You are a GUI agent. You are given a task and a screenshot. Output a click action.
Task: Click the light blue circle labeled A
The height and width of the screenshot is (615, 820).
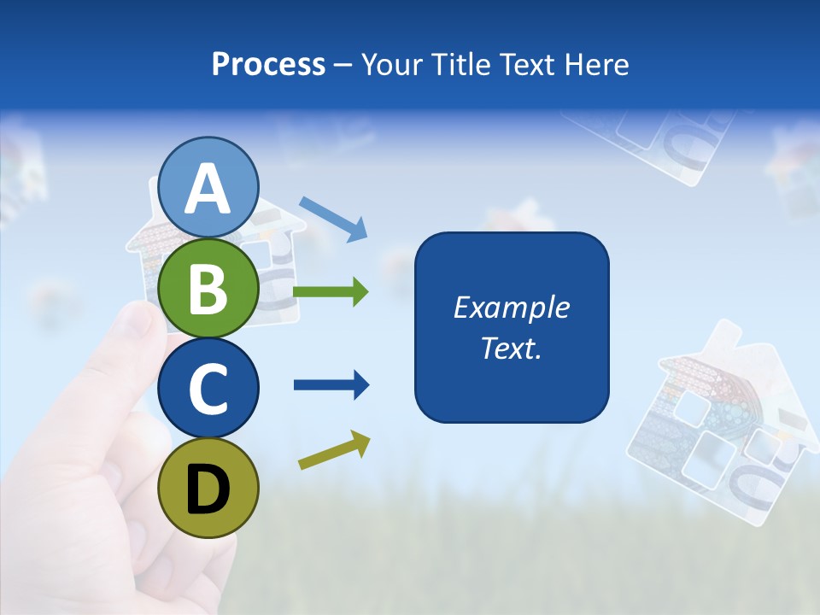click(208, 188)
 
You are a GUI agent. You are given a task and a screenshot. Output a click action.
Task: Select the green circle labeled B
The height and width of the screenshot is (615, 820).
click(208, 288)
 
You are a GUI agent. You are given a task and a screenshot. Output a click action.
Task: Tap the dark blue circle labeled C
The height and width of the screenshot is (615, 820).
click(208, 388)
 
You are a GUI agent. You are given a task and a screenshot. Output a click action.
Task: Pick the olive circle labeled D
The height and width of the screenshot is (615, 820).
click(208, 488)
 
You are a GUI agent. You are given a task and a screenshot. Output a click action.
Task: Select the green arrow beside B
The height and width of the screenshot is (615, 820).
click(331, 292)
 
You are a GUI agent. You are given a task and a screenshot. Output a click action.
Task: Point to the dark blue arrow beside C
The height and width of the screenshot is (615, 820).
click(331, 385)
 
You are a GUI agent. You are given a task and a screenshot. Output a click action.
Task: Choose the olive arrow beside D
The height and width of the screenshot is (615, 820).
click(334, 450)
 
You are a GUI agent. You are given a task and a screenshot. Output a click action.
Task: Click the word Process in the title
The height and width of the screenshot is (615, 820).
click(268, 65)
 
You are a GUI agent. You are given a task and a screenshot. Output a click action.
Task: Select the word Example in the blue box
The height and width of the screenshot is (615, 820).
click(512, 307)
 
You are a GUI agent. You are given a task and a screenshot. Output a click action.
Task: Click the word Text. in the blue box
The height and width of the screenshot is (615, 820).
click(512, 348)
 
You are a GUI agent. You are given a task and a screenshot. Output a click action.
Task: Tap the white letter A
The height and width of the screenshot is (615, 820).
click(208, 189)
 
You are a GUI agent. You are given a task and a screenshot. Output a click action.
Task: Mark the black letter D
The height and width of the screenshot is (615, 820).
click(208, 489)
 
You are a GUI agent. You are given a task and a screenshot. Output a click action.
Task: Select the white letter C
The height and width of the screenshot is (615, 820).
click(208, 389)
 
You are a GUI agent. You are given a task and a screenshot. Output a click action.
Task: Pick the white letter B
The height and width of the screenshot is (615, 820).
click(208, 289)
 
